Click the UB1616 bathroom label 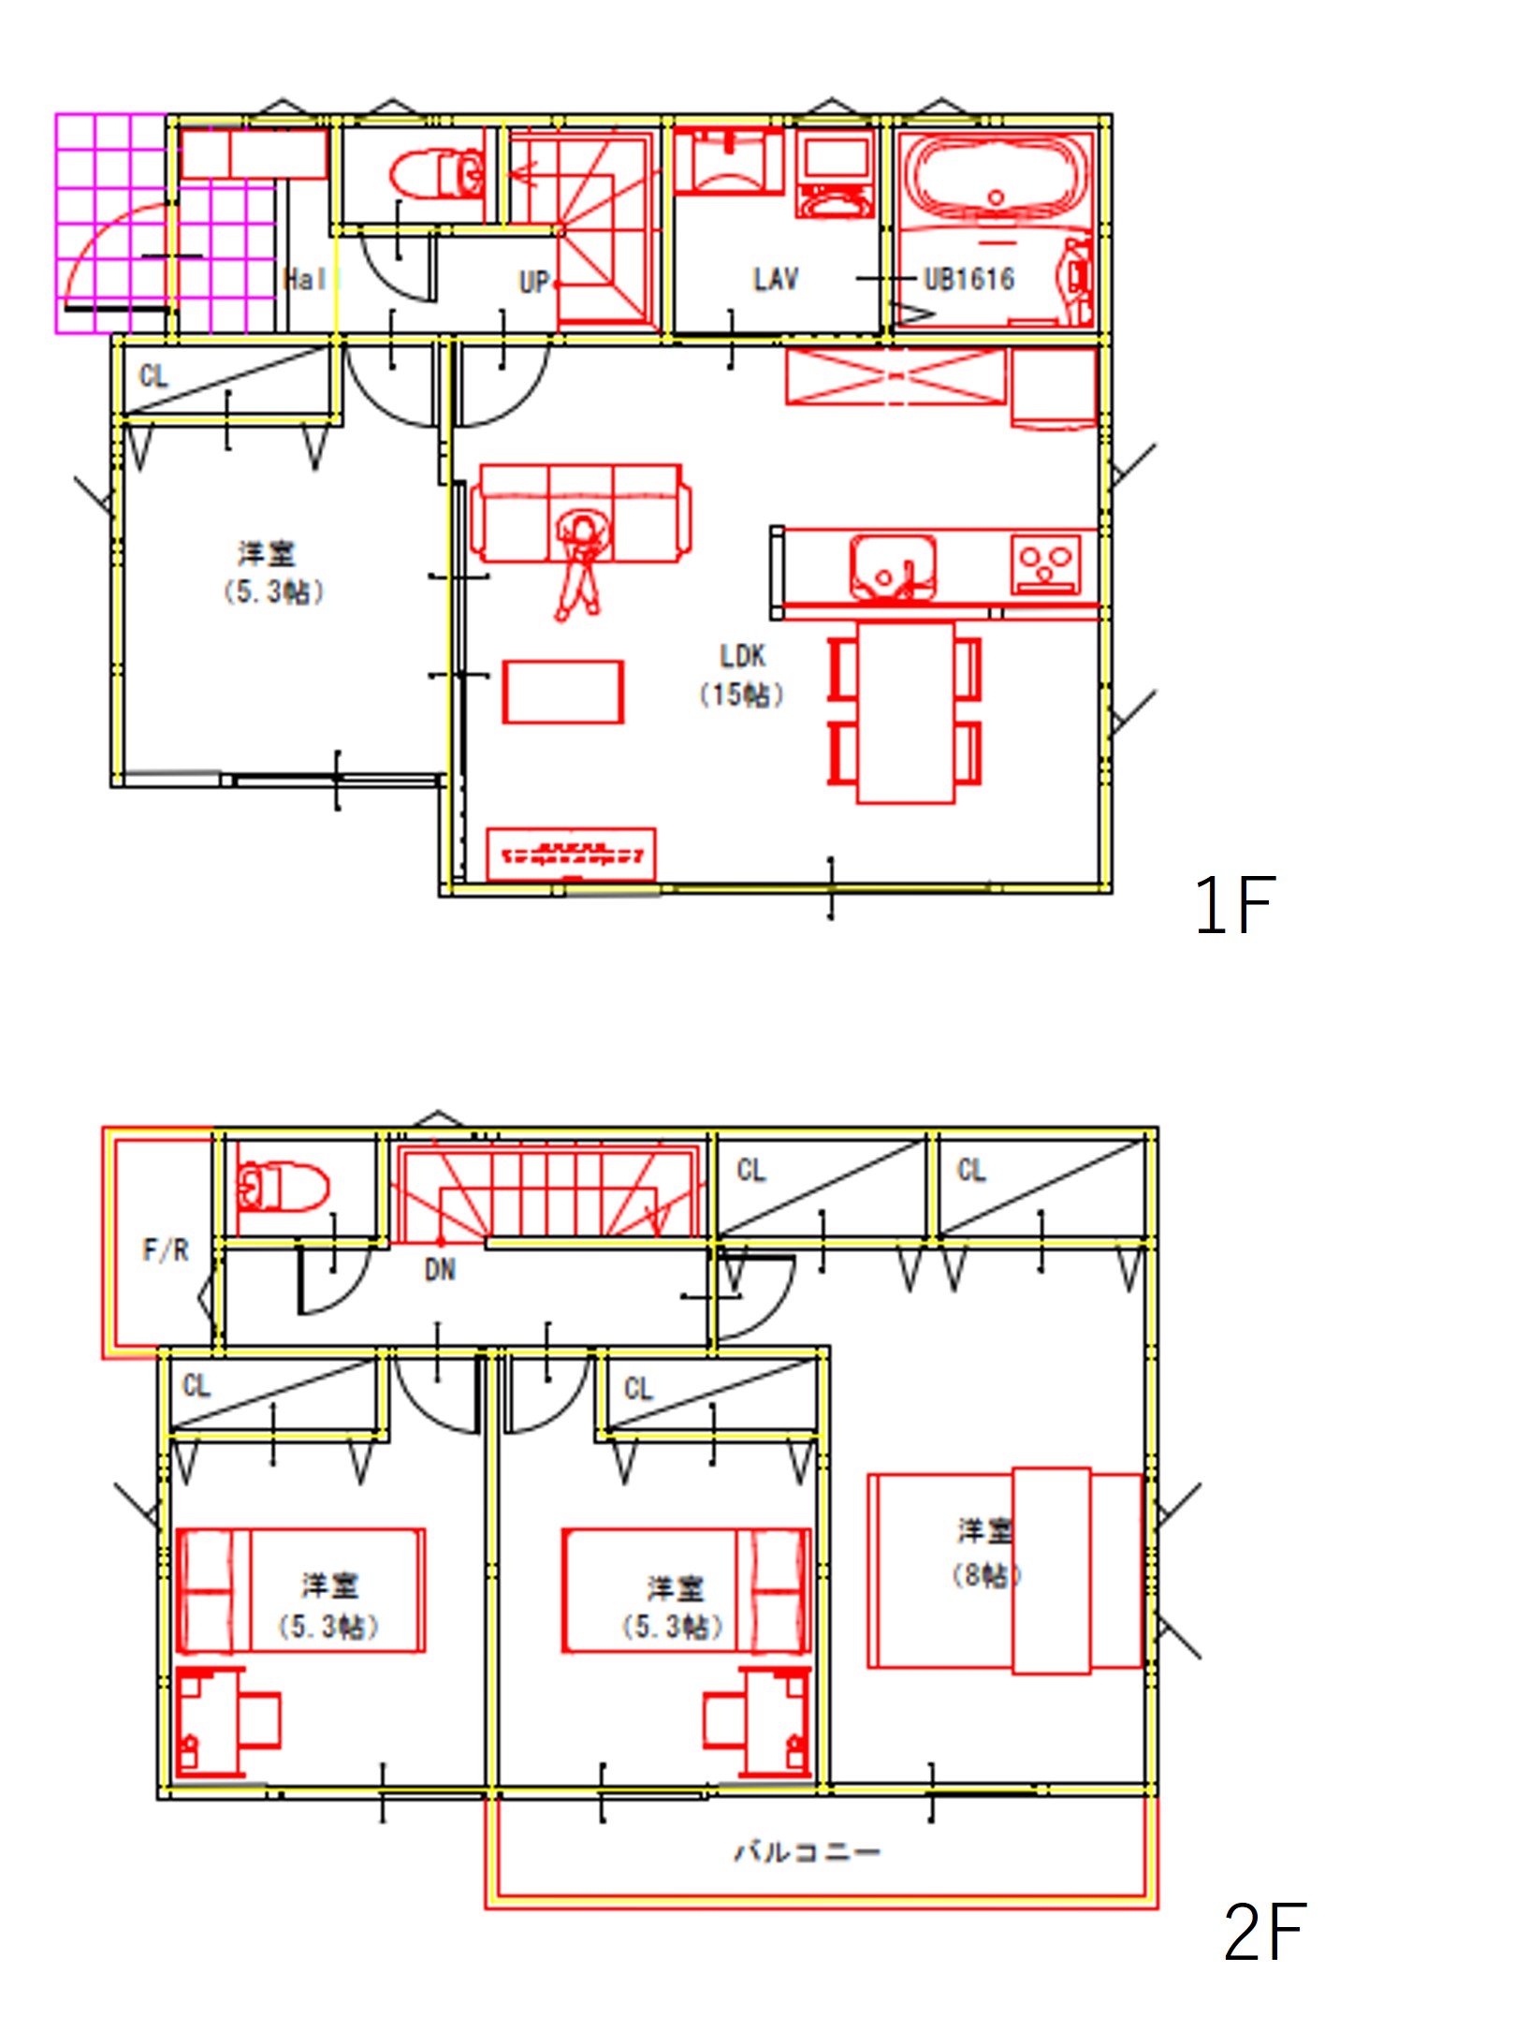point(968,279)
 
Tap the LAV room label point(776,279)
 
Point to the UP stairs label point(533,282)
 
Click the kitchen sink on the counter point(892,566)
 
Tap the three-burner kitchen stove point(1045,564)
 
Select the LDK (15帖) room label point(742,675)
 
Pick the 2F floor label point(1264,1932)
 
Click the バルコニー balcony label point(807,1851)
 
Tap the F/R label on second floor point(166,1249)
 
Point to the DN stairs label point(440,1270)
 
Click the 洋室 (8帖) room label point(985,1554)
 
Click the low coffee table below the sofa point(562,693)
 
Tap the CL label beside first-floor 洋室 point(153,376)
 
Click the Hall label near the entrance point(304,279)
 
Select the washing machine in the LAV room point(837,175)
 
